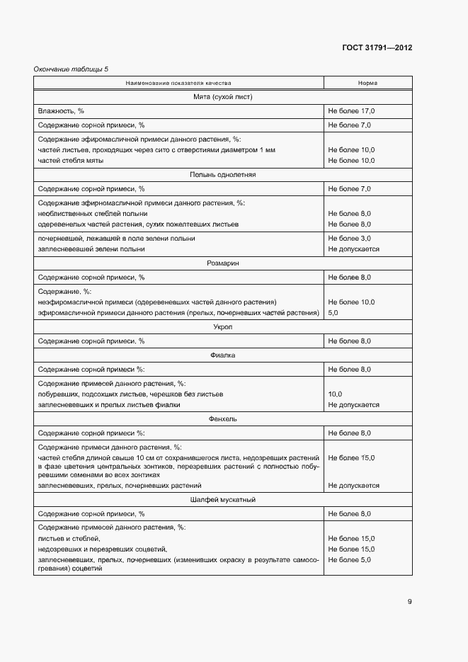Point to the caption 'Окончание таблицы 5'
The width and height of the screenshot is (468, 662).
(x=72, y=69)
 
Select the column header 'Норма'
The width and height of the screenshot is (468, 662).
(x=367, y=83)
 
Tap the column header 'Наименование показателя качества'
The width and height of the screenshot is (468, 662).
(x=178, y=83)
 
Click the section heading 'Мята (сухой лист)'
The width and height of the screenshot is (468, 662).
(x=222, y=96)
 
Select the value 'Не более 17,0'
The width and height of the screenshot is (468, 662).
(x=351, y=111)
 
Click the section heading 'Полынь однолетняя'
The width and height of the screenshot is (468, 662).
(x=222, y=174)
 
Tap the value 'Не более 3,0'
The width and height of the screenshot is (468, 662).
(x=349, y=239)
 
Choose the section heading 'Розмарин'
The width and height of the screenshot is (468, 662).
(x=222, y=263)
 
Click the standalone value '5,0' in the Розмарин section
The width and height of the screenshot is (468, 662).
(x=334, y=312)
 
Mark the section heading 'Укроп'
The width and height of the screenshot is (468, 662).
(x=222, y=326)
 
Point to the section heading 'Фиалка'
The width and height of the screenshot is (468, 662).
(x=222, y=355)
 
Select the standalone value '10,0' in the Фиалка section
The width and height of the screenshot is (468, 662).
(x=336, y=394)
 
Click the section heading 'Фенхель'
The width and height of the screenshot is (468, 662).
(x=222, y=418)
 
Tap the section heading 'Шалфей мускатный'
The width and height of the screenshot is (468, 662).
(x=222, y=499)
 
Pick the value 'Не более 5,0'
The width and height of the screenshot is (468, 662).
(x=349, y=559)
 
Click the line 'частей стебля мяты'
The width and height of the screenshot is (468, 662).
(x=71, y=161)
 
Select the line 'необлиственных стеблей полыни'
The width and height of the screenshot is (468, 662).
(x=93, y=213)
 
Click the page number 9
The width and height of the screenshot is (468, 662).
(x=409, y=602)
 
